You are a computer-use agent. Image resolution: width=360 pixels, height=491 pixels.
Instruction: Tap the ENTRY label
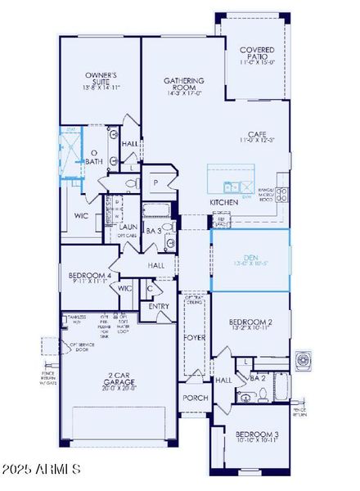pos(159,306)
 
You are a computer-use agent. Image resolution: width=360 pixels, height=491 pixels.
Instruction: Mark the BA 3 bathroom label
pos(153,232)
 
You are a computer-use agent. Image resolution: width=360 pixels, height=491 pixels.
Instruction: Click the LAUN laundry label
pos(128,227)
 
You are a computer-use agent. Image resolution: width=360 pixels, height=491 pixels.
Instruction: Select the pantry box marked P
pos(154,183)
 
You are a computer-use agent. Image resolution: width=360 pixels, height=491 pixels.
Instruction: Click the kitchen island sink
pos(233,185)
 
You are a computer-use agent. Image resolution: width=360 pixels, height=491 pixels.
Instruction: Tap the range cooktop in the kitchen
pos(281,194)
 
